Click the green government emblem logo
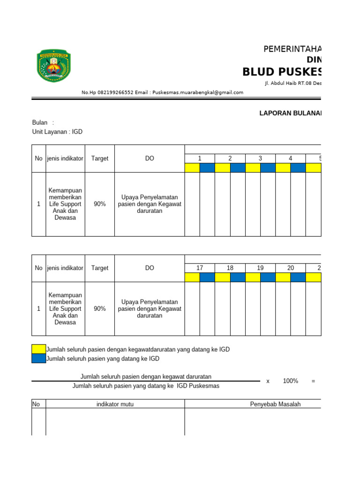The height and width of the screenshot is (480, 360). pyautogui.click(x=54, y=66)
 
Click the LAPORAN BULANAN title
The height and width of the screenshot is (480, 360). pyautogui.click(x=291, y=113)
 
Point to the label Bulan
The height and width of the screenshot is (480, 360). pyautogui.click(x=40, y=122)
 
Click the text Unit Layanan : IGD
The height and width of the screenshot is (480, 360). pyautogui.click(x=57, y=132)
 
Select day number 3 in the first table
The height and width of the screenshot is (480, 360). pyautogui.click(x=260, y=158)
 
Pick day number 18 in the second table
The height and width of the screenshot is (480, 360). pyautogui.click(x=230, y=268)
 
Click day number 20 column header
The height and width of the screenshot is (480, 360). pyautogui.click(x=291, y=268)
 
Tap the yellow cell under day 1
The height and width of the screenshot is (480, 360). pyautogui.click(x=192, y=168)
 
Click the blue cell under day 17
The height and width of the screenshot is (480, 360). pyautogui.click(x=207, y=277)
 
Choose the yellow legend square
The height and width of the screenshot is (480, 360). pyautogui.click(x=38, y=349)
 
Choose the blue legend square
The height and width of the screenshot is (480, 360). pyautogui.click(x=38, y=359)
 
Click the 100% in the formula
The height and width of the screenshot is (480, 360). pyautogui.click(x=291, y=381)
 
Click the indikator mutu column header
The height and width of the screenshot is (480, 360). pyautogui.click(x=115, y=404)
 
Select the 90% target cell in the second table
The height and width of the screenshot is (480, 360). pyautogui.click(x=99, y=309)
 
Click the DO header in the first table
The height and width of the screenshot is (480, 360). pyautogui.click(x=150, y=158)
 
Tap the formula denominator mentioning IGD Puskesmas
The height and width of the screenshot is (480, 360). pyautogui.click(x=146, y=386)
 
